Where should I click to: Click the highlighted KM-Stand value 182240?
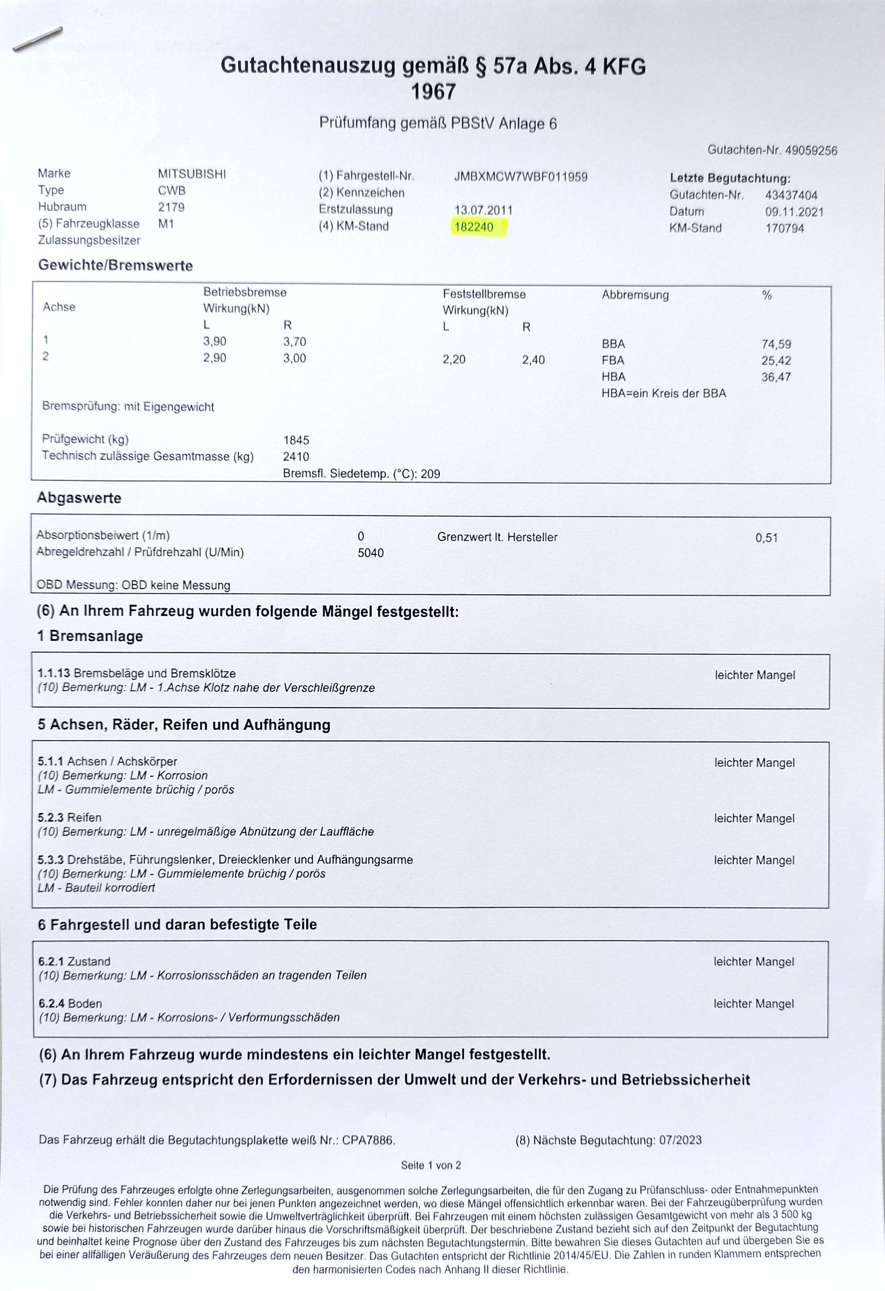(474, 227)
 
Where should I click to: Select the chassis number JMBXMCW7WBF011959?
(521, 177)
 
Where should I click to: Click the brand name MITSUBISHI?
(192, 174)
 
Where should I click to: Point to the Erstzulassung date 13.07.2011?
(483, 211)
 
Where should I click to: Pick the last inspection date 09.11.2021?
(794, 212)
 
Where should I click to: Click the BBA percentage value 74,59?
(776, 345)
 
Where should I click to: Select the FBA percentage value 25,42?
(776, 361)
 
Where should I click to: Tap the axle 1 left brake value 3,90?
(214, 342)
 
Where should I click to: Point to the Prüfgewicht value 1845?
(296, 440)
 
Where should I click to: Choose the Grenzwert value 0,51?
(766, 538)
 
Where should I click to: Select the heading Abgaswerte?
(79, 498)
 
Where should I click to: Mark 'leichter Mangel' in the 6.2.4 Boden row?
(753, 1004)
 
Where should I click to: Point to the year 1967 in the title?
(433, 92)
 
